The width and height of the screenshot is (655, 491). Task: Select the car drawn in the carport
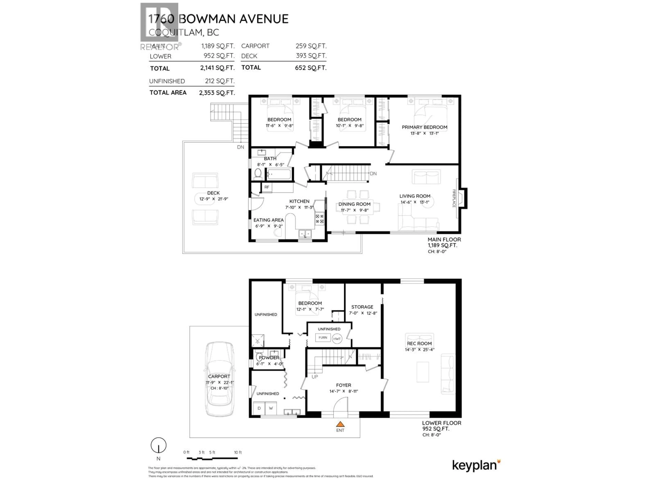[x=219, y=379]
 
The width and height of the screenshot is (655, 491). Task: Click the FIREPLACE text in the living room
[x=454, y=198]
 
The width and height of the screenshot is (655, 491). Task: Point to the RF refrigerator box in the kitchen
[x=267, y=187]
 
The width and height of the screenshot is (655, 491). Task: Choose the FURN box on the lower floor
[x=323, y=337]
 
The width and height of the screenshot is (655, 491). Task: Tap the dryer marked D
[x=259, y=408]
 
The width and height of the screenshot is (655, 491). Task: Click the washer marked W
[x=271, y=408]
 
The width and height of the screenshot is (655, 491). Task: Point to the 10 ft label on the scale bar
[x=238, y=452]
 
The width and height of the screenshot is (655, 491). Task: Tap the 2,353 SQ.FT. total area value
[x=217, y=93]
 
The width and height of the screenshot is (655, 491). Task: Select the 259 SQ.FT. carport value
[x=311, y=46]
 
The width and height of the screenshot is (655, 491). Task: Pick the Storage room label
[x=362, y=307]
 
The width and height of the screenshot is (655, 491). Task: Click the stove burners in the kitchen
[x=319, y=219]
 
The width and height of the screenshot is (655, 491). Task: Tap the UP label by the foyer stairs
[x=315, y=377]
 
